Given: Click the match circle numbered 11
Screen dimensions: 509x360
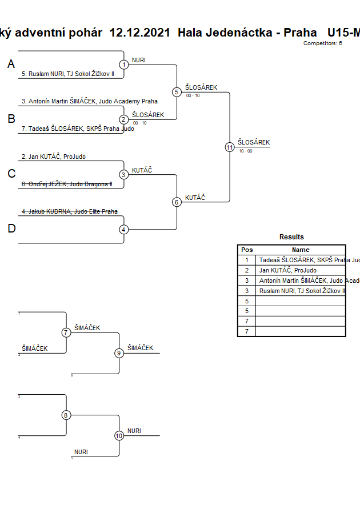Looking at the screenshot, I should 230,147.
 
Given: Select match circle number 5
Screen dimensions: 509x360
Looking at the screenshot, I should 177,91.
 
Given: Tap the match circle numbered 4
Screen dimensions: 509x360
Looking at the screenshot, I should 124,230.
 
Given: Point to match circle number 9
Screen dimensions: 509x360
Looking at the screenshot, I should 119,353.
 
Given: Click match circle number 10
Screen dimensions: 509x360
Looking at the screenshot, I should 119,436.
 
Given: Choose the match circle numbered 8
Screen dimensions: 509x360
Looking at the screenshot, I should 66,415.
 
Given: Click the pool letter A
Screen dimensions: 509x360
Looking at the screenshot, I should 11,65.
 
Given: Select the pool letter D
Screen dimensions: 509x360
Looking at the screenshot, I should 11,229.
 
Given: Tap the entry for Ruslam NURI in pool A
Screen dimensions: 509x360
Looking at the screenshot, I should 68,74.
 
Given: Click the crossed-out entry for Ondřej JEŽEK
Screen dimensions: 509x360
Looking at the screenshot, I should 67,184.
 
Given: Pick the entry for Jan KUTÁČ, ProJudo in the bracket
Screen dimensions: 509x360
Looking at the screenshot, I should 54,157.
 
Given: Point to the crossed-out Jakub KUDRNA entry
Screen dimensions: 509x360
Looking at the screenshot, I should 70,211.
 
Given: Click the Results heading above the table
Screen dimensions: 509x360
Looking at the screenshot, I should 291,237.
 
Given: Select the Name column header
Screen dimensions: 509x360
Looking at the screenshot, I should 300,250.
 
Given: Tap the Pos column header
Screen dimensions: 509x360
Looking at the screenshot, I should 247,250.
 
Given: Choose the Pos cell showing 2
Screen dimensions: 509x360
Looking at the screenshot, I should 247,270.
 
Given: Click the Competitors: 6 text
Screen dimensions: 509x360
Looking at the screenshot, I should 322,43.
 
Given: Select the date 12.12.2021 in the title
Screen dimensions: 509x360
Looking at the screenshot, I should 139,33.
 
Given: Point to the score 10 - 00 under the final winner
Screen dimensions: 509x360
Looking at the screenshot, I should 246,151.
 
